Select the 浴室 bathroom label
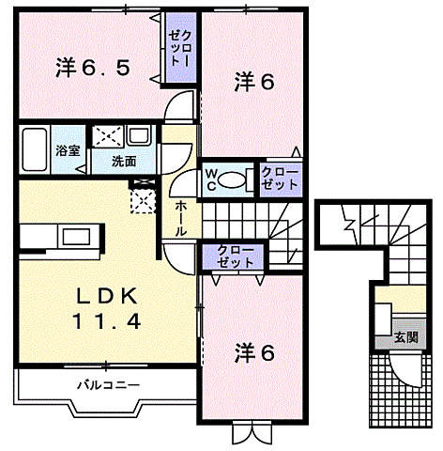[66, 150]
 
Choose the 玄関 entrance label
[405, 336]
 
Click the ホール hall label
[179, 216]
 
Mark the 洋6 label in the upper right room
[253, 83]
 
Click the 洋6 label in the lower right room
[253, 353]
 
